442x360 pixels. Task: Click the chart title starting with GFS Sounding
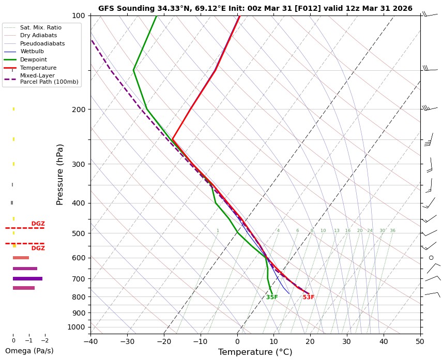click(x=255, y=8)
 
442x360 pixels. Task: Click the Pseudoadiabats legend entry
click(x=42, y=43)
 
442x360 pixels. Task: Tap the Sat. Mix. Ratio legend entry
click(x=40, y=27)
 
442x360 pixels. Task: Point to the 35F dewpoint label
click(x=272, y=298)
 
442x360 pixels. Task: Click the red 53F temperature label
click(x=309, y=298)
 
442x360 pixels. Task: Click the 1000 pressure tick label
click(x=76, y=327)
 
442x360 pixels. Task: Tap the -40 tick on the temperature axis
click(x=90, y=341)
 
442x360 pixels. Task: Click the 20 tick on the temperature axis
click(x=310, y=341)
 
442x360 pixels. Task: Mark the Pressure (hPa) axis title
click(x=60, y=174)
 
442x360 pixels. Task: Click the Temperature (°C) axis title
click(x=255, y=352)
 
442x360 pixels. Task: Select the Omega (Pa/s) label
click(x=29, y=351)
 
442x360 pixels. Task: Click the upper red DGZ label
click(x=38, y=224)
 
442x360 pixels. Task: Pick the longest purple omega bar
click(x=27, y=278)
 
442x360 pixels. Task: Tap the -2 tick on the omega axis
click(x=44, y=341)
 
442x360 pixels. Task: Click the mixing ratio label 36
click(x=392, y=231)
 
